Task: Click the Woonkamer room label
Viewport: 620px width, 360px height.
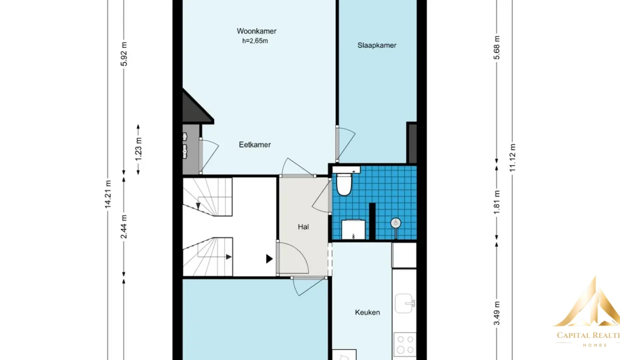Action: coord(256,31)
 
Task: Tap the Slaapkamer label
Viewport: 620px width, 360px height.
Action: coord(376,45)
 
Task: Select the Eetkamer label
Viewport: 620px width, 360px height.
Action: coord(254,144)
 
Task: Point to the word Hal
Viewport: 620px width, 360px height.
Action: coord(303,227)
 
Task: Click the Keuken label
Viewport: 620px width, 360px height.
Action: coord(367,312)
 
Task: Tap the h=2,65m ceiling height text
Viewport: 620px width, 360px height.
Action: coord(255,41)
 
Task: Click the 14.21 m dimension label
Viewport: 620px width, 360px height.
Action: coord(107,194)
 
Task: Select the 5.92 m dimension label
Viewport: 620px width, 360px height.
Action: coord(124,54)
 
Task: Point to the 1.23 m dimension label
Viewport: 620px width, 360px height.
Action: coord(138,149)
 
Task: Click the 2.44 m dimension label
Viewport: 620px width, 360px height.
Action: coord(123,226)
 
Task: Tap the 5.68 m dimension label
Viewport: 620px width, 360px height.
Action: coord(496,47)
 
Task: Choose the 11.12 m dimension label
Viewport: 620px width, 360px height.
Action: coord(512,157)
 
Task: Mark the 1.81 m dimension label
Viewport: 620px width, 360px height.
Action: coord(496,202)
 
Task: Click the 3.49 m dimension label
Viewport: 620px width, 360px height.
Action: coord(496,313)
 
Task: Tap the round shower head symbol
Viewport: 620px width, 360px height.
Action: coord(396,223)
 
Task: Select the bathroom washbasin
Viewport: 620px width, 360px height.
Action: coord(353,229)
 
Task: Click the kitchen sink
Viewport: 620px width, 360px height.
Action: coord(404,303)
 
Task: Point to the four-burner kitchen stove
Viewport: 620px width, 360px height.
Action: coord(405,344)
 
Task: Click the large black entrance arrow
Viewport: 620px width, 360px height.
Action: coord(269,259)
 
